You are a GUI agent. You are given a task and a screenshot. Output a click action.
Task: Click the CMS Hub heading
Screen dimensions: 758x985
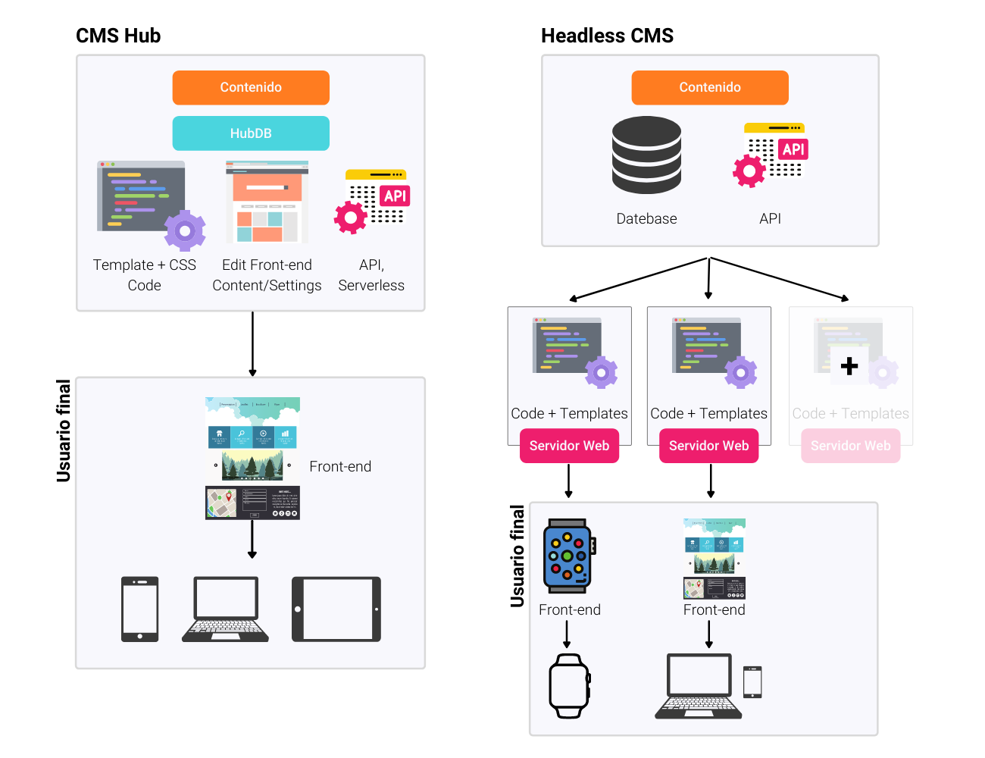coord(118,36)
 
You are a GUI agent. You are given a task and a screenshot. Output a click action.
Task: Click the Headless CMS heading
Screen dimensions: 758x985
coord(607,36)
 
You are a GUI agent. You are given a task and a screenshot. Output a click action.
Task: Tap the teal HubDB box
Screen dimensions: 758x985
coord(251,133)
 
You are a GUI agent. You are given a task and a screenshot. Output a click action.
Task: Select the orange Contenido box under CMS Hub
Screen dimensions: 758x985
coord(251,87)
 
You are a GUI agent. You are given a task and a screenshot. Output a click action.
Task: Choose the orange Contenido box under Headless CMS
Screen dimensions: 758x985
coord(710,87)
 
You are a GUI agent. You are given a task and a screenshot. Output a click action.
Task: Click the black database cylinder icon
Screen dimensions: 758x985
coord(646,155)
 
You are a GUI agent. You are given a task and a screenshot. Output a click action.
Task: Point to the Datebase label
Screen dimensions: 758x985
coord(646,218)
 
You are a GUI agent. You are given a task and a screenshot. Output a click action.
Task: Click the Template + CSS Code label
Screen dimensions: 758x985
coord(144,274)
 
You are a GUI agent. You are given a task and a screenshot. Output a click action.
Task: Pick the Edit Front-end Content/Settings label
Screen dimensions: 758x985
coord(267,274)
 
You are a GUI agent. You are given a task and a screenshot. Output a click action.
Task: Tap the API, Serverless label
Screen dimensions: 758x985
coord(371,274)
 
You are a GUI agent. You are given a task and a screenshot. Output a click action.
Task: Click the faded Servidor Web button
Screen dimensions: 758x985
coord(850,446)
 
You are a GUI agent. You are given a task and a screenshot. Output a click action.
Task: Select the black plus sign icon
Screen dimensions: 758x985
coord(849,366)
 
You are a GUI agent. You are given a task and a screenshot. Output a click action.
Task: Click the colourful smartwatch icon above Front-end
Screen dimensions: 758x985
coord(568,556)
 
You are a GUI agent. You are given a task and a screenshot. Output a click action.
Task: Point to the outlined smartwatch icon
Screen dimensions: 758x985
coord(568,685)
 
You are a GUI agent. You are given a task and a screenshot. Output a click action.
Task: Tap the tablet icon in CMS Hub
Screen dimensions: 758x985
coord(336,609)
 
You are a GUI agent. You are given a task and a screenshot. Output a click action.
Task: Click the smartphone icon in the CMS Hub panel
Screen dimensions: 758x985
coord(140,609)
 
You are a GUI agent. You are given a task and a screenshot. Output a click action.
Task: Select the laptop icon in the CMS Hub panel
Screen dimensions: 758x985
coord(225,609)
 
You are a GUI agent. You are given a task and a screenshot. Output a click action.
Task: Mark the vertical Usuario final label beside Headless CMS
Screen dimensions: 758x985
coord(518,556)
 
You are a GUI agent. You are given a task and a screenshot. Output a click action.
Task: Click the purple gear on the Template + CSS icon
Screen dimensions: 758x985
coord(185,230)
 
